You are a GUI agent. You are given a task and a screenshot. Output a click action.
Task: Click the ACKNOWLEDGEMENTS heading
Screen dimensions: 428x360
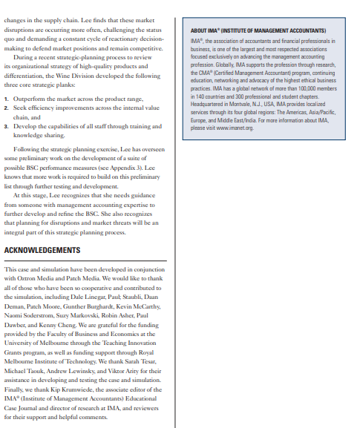[42, 250]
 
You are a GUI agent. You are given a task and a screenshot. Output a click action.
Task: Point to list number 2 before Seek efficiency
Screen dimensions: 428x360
[7, 108]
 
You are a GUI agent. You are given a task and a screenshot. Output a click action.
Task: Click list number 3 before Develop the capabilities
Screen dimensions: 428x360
[7, 125]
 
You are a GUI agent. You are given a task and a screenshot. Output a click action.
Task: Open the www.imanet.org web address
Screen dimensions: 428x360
[233, 128]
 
